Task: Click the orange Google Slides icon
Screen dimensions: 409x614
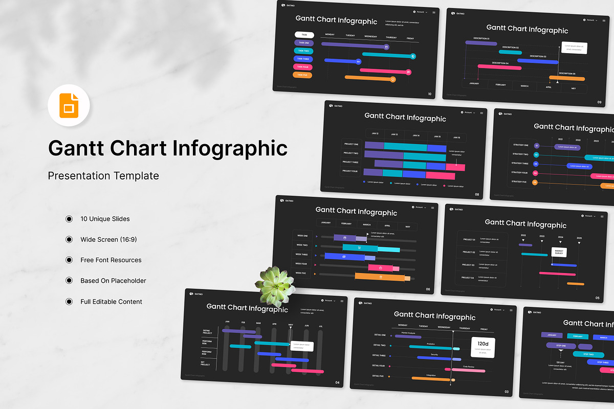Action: tap(69, 106)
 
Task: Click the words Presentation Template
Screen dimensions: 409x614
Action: tap(103, 176)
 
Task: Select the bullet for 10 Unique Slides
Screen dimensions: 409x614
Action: tap(69, 219)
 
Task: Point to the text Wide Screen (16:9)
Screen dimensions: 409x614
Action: tap(108, 239)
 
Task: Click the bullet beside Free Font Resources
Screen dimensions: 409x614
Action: tap(69, 260)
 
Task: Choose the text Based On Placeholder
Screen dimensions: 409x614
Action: tap(113, 281)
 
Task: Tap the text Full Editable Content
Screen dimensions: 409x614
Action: tap(111, 302)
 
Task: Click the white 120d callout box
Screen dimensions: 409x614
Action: tap(483, 347)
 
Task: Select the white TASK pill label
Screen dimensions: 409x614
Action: tap(304, 35)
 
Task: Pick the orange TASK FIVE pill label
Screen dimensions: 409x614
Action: tap(302, 75)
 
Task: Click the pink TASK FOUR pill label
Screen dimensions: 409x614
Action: tap(303, 67)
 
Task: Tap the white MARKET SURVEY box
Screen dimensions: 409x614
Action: tap(559, 252)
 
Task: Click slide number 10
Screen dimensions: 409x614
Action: tap(430, 94)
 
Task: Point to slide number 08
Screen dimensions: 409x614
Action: tap(477, 194)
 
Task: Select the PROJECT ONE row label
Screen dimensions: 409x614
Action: tap(351, 144)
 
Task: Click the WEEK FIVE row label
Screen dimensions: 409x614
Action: tap(301, 273)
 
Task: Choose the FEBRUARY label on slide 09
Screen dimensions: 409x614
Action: tap(500, 85)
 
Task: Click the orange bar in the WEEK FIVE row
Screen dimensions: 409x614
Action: tap(380, 277)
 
